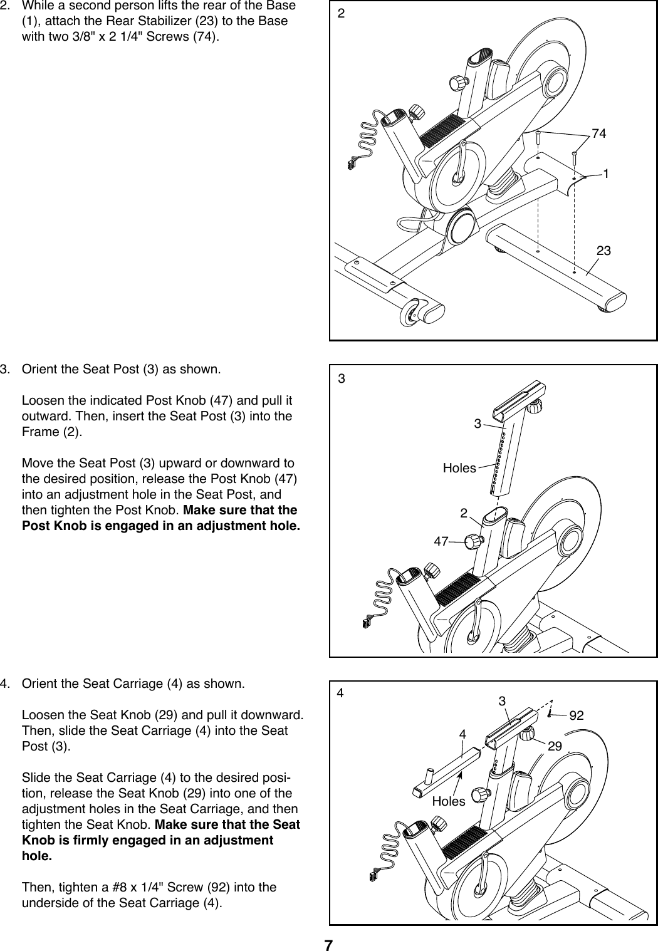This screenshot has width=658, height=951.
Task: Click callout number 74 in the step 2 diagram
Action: pos(600,133)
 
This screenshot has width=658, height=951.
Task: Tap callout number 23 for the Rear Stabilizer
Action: pos(604,251)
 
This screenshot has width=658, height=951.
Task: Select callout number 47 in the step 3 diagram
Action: pos(441,541)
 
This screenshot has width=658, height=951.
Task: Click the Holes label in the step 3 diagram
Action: pos(459,467)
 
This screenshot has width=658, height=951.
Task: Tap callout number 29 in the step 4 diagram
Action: pos(555,747)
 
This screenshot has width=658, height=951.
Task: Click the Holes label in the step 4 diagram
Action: pos(449,801)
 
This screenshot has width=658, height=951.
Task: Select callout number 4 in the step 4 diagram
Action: pos(462,733)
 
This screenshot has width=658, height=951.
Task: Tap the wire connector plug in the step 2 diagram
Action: pos(348,165)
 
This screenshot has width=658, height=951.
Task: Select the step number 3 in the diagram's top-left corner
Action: pos(341,378)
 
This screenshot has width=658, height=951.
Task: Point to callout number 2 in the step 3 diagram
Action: pos(464,513)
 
